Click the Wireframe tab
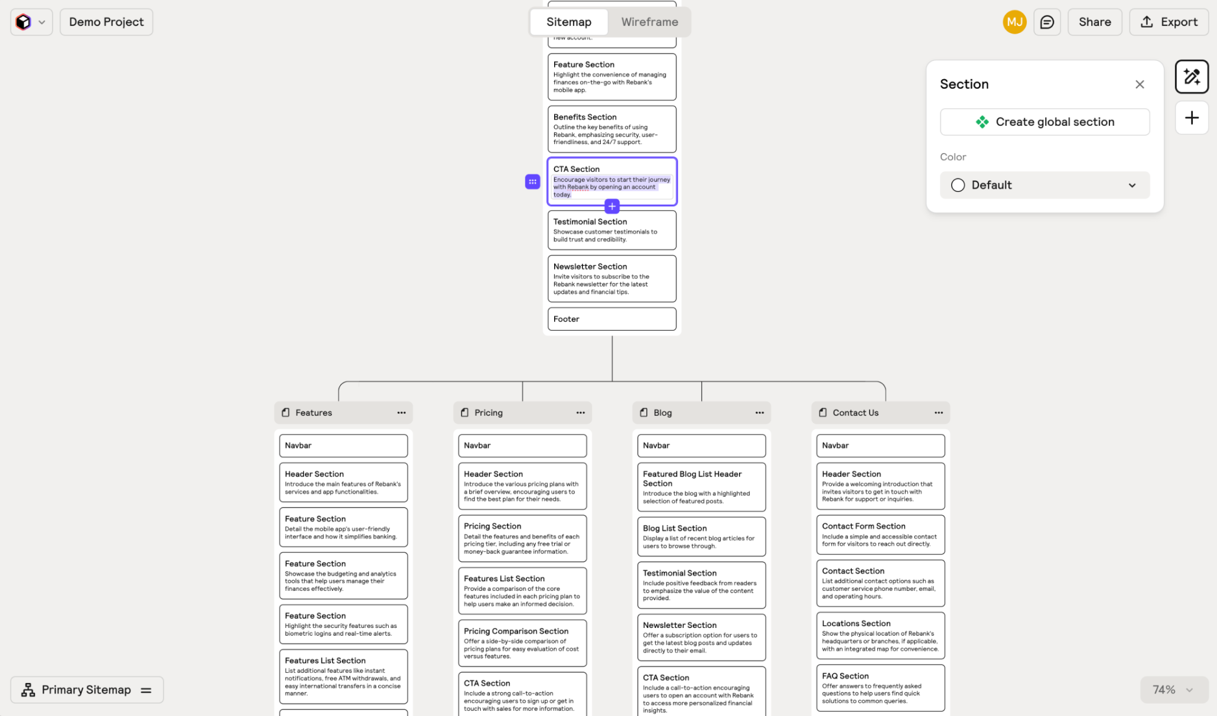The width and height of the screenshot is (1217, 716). coord(649,22)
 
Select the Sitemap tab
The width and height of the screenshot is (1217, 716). coord(568,22)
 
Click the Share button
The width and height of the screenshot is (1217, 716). coord(1094,22)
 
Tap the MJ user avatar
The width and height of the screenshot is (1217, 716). coord(1014,22)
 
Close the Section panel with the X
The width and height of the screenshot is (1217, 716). coord(1140,84)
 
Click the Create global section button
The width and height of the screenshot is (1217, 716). coord(1044,122)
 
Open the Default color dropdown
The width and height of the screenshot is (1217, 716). coord(1044,185)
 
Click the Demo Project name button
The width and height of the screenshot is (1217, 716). coord(106,22)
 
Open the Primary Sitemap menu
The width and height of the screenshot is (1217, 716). coord(87,689)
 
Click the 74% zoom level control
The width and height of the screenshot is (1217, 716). coord(1173,689)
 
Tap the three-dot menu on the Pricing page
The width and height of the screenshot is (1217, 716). coord(580,412)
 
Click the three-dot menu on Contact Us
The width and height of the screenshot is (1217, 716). coord(938,412)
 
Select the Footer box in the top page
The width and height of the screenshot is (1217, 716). coord(611,319)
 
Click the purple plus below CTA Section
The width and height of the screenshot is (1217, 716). coord(612,206)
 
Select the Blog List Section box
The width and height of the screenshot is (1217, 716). coord(701,536)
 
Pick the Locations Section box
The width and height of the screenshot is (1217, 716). coord(880,635)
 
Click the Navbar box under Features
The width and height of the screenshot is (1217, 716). coord(343,445)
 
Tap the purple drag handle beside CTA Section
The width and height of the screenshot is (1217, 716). coord(532,181)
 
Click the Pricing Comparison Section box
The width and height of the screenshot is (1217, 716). coord(522,643)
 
